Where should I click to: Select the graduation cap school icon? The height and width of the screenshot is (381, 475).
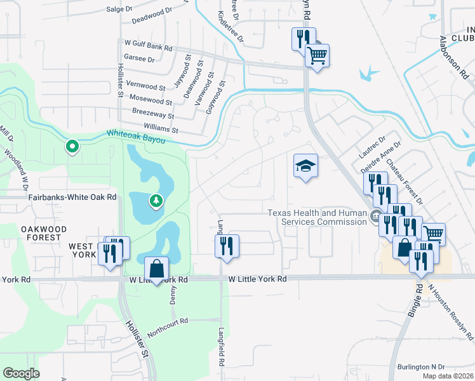[305, 166]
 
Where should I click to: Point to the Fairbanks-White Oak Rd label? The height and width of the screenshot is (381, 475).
[72, 197]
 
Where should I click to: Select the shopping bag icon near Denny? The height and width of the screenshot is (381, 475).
[156, 269]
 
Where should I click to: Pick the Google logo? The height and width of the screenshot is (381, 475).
[21, 373]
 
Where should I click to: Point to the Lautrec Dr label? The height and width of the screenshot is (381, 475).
[373, 149]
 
